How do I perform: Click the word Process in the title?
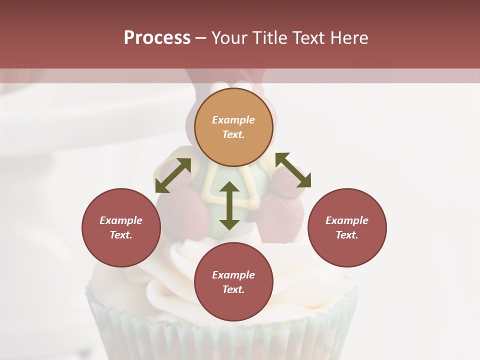(x=157, y=38)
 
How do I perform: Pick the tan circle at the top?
(x=233, y=127)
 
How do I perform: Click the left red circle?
(x=121, y=227)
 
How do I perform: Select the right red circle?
(x=347, y=227)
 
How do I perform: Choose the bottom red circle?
(x=233, y=282)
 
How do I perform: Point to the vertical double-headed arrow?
(x=229, y=205)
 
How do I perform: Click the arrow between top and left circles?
(x=173, y=175)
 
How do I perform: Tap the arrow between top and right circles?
(x=293, y=170)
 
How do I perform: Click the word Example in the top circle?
(x=233, y=120)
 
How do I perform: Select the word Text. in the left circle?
(x=121, y=235)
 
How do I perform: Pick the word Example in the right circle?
(x=347, y=220)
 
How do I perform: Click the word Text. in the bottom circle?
(x=233, y=289)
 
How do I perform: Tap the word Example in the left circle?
(x=121, y=220)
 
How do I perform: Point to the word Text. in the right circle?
(x=347, y=235)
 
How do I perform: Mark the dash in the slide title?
(x=201, y=38)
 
